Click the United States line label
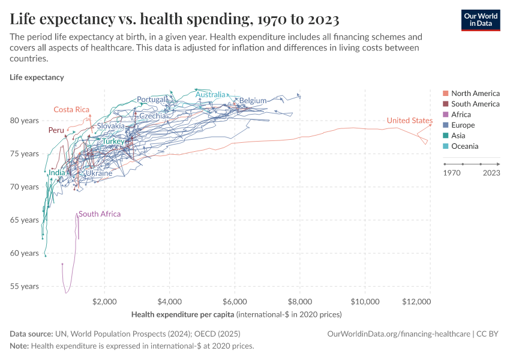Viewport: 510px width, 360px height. [x=409, y=121]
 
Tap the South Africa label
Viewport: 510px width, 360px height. [x=100, y=214]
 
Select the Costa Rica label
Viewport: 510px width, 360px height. [x=71, y=109]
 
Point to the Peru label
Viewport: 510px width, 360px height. [x=56, y=130]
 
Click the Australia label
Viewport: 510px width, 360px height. [x=211, y=95]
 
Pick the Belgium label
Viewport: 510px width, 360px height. [x=253, y=100]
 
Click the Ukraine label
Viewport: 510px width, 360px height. [x=99, y=173]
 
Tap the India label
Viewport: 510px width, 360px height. [x=57, y=173]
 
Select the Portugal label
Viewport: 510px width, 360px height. [x=152, y=99]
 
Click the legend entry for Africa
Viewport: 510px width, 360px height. [x=461, y=115]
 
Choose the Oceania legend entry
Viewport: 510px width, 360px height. [x=464, y=146]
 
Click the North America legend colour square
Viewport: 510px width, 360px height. [x=445, y=94]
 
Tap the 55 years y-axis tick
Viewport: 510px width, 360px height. [x=25, y=286]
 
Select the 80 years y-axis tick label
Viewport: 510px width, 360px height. [x=25, y=121]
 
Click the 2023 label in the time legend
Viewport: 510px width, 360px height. [x=491, y=173]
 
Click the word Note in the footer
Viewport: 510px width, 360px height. [x=19, y=346]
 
